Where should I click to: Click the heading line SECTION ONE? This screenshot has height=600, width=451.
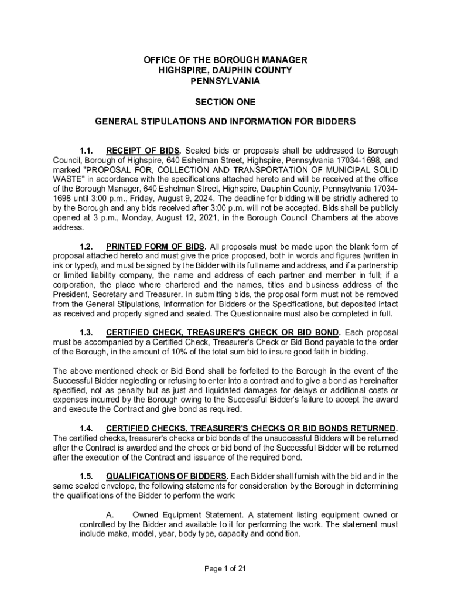(225, 102)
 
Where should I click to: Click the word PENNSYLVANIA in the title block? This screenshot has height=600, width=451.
(225, 81)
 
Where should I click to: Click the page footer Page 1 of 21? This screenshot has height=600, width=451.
(225, 568)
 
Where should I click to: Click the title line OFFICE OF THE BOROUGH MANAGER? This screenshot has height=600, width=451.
(225, 60)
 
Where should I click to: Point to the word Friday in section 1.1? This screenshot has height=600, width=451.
(104, 198)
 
